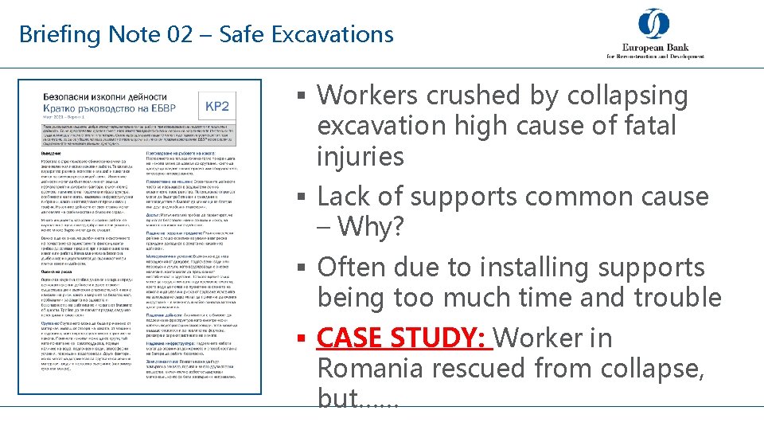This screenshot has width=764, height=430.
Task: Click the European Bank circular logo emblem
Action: pos(653,23)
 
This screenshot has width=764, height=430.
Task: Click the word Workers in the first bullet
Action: pos(368,96)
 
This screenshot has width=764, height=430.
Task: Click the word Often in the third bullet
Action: pos(351,268)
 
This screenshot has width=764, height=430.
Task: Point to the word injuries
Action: pos(361,156)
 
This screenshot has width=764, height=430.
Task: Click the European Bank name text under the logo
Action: pos(655,49)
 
